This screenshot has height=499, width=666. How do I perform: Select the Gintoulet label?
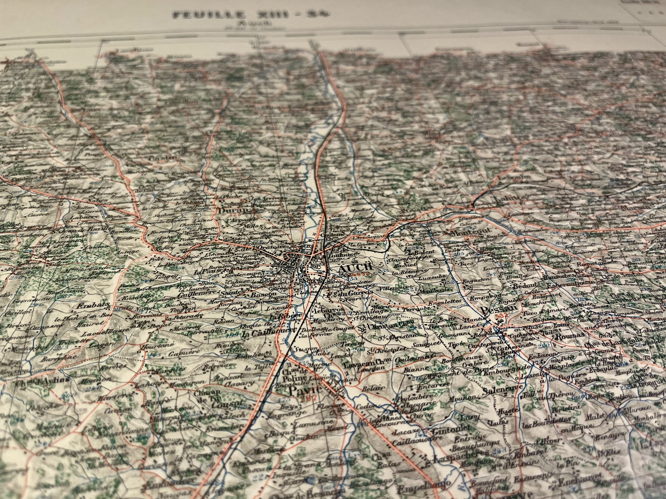click(x=450, y=431)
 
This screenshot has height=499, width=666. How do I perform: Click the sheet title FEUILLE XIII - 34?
click(x=251, y=15)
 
